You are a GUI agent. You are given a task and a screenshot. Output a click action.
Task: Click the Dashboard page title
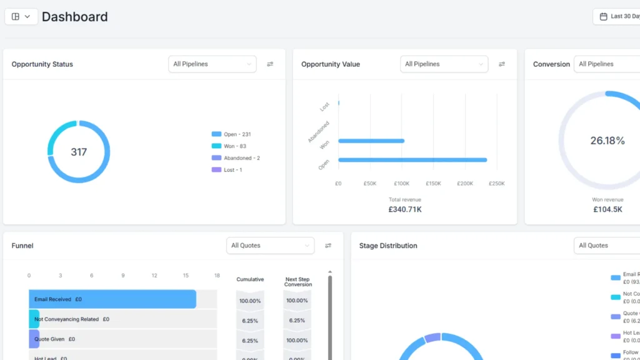point(74,17)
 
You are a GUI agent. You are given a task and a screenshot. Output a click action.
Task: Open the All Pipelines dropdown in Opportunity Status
point(212,64)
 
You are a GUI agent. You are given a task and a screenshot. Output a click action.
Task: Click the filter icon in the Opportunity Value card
point(501,64)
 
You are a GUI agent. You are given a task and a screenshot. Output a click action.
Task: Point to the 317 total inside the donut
point(79,152)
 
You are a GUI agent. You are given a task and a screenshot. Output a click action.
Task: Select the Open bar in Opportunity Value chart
point(412,160)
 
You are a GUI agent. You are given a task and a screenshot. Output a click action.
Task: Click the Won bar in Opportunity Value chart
point(371,141)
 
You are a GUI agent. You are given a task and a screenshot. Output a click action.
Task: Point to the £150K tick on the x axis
point(433,184)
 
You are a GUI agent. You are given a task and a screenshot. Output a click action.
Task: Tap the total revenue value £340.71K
point(405,209)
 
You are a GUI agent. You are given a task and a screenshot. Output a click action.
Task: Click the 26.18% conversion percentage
point(607,141)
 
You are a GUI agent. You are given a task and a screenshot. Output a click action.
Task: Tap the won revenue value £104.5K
point(607,209)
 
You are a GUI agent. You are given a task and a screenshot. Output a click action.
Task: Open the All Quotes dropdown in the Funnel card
point(270,246)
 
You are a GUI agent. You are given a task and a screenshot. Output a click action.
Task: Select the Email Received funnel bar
point(112,299)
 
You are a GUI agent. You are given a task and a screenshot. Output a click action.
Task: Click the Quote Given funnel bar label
point(54,339)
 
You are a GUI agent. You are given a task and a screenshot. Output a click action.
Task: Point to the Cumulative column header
point(250,279)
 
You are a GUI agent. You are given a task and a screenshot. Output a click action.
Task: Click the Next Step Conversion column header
point(298,282)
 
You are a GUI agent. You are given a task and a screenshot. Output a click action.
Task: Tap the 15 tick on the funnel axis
point(186,276)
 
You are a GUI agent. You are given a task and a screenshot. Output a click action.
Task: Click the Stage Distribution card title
point(388,246)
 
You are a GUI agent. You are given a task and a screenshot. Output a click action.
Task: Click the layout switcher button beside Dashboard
point(21,17)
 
